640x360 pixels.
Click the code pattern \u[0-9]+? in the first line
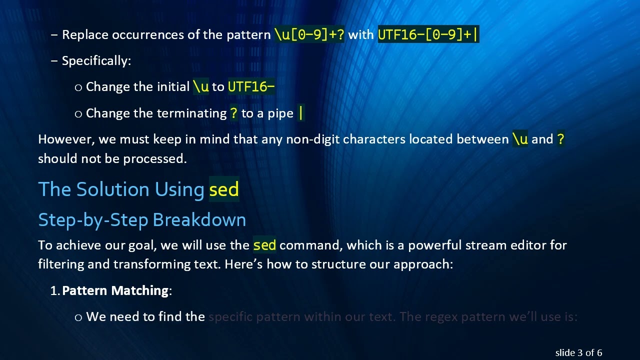[309, 35]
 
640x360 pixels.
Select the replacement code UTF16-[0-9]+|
[428, 35]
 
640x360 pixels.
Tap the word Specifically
[95, 61]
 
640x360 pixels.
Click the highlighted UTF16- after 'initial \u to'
[251, 87]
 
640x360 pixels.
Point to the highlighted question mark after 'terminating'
[233, 113]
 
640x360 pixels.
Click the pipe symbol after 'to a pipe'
[300, 113]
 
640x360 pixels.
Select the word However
[66, 139]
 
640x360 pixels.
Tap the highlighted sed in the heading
[224, 189]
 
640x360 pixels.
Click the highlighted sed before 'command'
[264, 245]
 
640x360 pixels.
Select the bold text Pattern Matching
[115, 290]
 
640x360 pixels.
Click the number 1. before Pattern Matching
[55, 290]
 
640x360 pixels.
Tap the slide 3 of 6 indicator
[578, 353]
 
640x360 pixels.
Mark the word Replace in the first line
[85, 35]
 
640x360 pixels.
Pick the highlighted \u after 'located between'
[520, 139]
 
